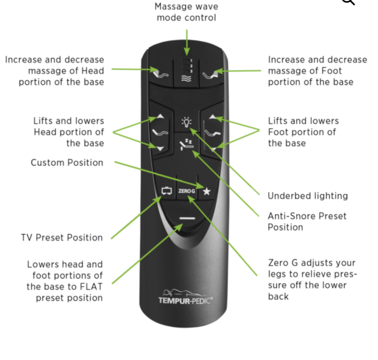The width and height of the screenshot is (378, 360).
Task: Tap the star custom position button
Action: [206, 192]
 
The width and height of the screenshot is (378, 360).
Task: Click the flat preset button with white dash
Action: [186, 218]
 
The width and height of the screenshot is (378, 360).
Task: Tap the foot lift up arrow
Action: [213, 117]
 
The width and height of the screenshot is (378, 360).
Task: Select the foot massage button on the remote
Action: [212, 73]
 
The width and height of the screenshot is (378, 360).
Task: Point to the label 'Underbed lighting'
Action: [307, 196]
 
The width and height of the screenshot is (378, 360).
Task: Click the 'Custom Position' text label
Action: [67, 163]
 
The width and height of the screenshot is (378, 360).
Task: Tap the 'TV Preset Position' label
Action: [62, 238]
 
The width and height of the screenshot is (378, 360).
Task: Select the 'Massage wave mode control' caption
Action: [186, 12]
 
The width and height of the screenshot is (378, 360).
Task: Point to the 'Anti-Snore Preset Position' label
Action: [307, 222]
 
